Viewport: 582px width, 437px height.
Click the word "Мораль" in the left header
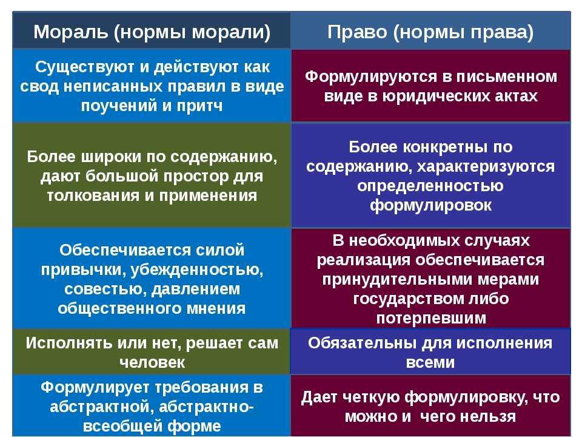click(70, 32)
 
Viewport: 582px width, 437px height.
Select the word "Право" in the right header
click(357, 32)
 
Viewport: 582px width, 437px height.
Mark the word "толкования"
click(93, 196)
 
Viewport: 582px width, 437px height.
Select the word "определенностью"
click(430, 186)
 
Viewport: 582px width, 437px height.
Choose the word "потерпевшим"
click(431, 319)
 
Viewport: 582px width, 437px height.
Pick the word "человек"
click(152, 363)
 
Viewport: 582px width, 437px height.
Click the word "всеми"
click(430, 363)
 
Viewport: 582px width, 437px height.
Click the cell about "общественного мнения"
click(152, 279)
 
